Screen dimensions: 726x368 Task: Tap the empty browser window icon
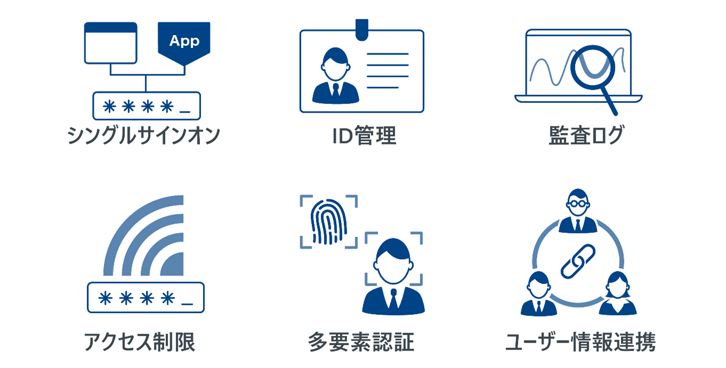[110, 43]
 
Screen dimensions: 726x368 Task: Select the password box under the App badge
[147, 106]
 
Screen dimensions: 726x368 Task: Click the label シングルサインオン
[143, 135]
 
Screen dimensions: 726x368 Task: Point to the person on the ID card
[335, 76]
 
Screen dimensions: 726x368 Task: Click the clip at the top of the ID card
[362, 30]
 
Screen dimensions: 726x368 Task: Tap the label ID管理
[364, 135]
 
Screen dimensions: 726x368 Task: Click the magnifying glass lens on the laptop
[592, 67]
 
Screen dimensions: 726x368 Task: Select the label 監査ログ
[586, 135]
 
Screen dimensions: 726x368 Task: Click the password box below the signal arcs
[146, 298]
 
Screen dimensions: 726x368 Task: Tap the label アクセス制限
[140, 342]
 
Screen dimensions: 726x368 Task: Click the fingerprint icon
[329, 221]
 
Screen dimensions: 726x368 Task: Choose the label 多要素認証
[361, 342]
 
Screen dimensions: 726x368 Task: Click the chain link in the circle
[578, 261]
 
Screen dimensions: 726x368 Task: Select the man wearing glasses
[578, 211]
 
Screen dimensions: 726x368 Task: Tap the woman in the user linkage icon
[618, 293]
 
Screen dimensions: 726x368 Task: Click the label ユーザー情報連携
[580, 342]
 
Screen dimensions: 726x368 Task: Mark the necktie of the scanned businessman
[393, 300]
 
